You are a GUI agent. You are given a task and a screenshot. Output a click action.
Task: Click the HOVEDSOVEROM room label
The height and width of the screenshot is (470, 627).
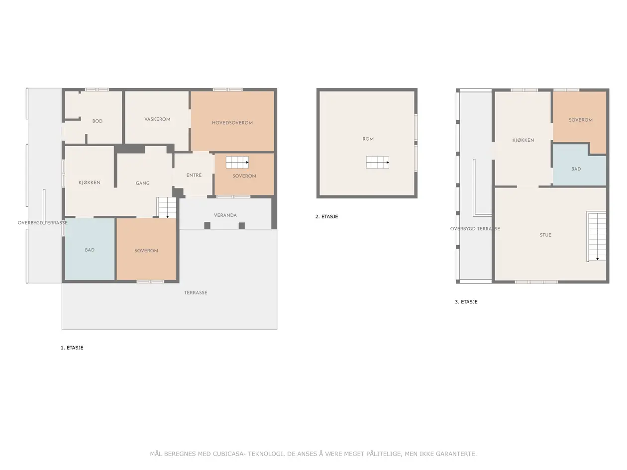click(232, 123)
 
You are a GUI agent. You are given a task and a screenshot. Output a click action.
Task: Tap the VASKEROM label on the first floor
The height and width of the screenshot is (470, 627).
click(157, 119)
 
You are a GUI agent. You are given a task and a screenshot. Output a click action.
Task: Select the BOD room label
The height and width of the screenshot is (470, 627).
click(97, 121)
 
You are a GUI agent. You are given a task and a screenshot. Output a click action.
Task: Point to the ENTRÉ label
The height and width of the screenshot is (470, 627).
click(194, 175)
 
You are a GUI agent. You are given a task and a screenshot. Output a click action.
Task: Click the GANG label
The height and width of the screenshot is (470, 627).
click(142, 183)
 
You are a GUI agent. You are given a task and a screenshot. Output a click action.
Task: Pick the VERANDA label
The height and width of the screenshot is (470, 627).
click(225, 215)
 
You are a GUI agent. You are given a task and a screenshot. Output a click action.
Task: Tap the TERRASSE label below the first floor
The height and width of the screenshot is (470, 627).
click(196, 292)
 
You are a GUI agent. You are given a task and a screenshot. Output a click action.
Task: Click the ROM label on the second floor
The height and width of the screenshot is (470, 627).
click(368, 139)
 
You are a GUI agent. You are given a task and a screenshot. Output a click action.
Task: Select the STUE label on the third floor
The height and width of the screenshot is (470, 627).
click(545, 235)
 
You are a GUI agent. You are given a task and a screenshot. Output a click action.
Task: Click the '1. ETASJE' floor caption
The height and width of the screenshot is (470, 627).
click(72, 347)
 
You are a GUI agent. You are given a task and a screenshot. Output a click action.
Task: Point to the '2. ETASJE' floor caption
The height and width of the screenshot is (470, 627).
click(326, 216)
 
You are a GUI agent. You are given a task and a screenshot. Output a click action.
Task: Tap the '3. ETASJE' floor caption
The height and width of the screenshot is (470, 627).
click(466, 301)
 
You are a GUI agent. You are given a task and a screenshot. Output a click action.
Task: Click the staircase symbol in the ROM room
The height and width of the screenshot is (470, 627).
click(377, 162)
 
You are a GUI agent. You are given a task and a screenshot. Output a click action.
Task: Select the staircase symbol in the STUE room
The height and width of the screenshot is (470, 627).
click(597, 236)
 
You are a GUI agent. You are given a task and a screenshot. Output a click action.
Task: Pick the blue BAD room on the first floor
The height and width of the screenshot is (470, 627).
click(90, 249)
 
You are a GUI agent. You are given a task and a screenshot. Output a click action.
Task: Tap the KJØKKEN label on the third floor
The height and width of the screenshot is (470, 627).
click(522, 140)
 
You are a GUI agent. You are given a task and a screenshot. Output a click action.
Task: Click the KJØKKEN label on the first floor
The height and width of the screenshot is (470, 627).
click(89, 183)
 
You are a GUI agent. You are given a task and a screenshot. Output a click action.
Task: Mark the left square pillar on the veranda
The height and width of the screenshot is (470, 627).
click(207, 225)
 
